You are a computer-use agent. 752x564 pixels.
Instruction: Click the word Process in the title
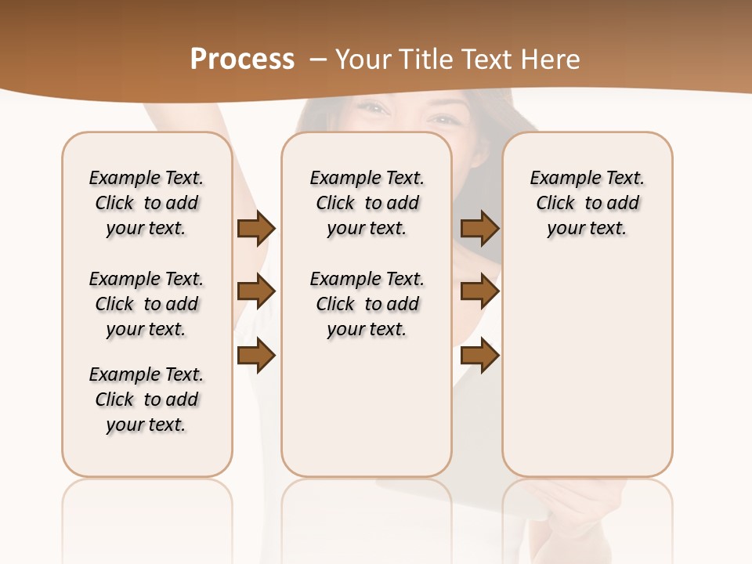coord(242,60)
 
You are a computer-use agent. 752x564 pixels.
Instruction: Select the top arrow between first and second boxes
coord(256,229)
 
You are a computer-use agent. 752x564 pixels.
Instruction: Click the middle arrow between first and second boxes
coord(256,292)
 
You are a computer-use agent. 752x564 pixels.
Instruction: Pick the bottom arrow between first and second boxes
coord(256,356)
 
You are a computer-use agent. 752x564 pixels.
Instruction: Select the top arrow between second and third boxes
coord(479,229)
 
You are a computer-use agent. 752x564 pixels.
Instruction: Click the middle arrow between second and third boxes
coord(479,292)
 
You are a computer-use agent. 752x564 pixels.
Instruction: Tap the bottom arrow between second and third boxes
coord(479,356)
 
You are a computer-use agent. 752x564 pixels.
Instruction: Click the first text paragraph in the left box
coord(146,203)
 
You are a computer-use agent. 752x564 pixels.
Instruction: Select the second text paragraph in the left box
coord(146,304)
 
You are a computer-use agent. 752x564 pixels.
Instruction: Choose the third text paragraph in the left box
coord(146,399)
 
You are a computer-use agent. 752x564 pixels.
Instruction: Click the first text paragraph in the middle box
coord(367,203)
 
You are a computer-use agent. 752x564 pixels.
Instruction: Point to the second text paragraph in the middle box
coord(367,304)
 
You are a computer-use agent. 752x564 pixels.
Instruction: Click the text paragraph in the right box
coord(587,203)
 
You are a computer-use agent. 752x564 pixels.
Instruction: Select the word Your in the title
coord(361,60)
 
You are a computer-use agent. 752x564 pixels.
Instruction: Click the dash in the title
coord(318,60)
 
